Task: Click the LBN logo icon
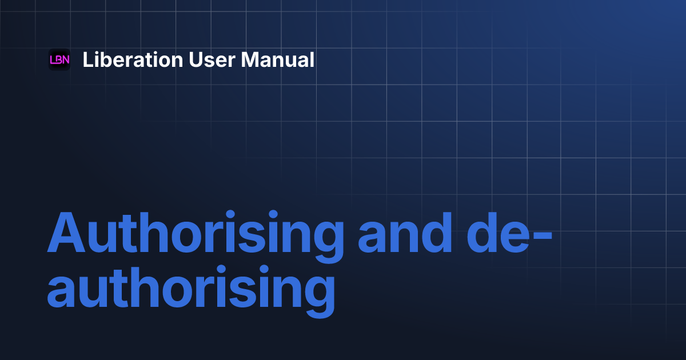pyautogui.click(x=59, y=59)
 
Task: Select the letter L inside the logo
pyautogui.click(x=53, y=59)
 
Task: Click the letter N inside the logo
pyautogui.click(x=66, y=59)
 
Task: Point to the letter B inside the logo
pyautogui.click(x=59, y=59)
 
